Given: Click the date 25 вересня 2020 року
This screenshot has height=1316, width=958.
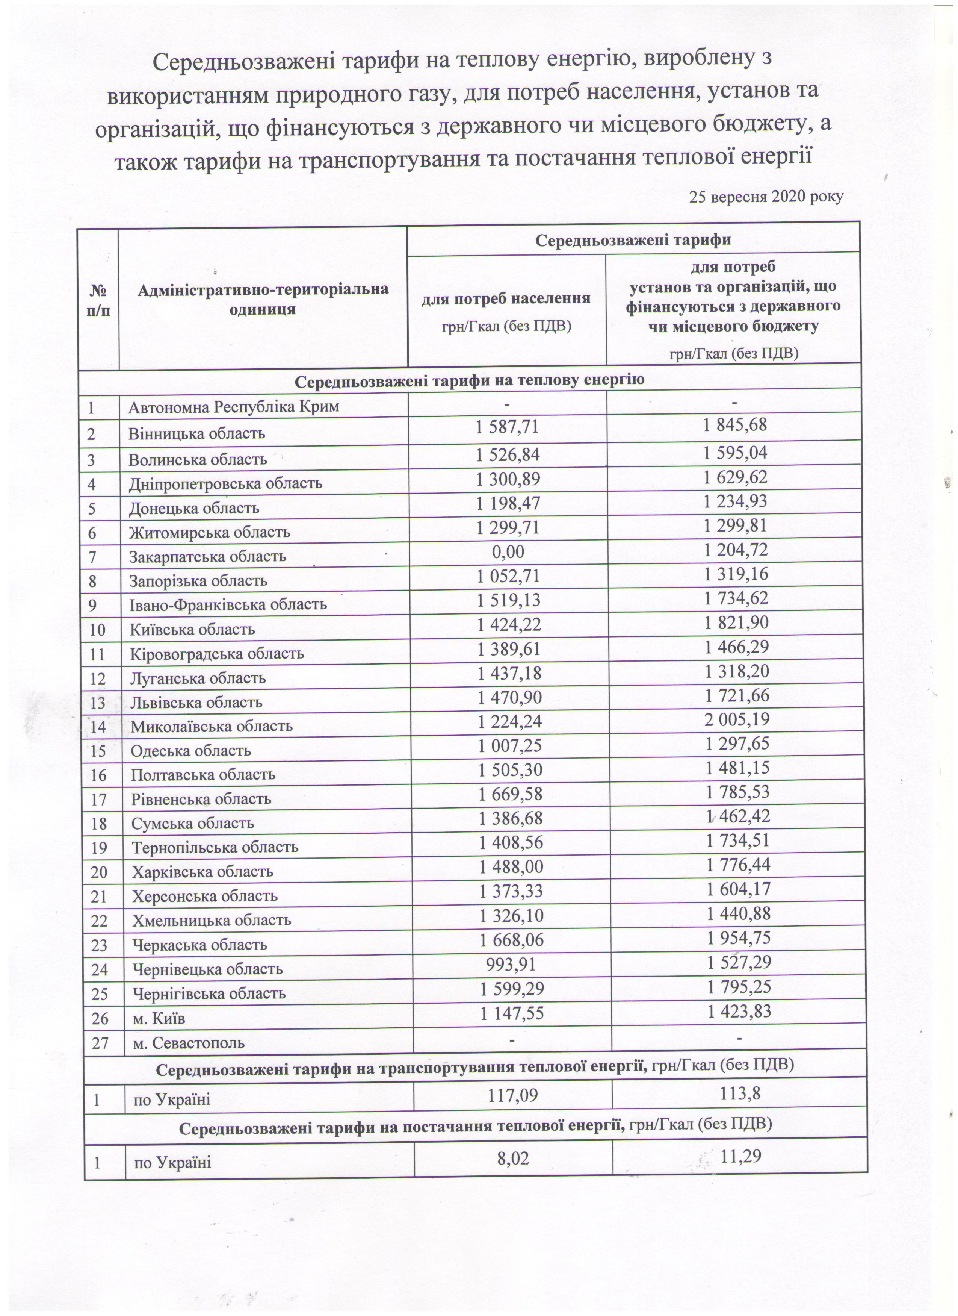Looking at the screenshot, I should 766,197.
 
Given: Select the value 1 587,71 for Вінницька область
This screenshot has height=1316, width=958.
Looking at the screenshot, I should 508,427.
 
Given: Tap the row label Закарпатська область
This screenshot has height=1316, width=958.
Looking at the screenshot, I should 208,556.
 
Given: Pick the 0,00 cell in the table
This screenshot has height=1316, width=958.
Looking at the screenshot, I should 508,550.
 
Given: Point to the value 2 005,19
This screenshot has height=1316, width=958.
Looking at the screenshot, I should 736,719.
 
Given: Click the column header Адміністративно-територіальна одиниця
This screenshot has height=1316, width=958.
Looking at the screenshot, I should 263,299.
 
